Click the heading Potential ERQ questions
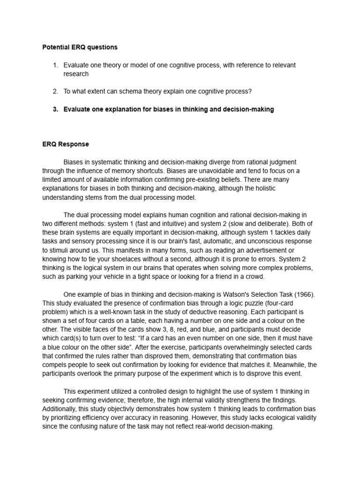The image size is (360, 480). tap(80, 47)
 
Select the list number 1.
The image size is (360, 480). tap(55, 65)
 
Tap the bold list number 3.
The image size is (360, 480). tap(55, 109)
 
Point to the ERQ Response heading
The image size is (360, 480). tap(66, 144)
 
